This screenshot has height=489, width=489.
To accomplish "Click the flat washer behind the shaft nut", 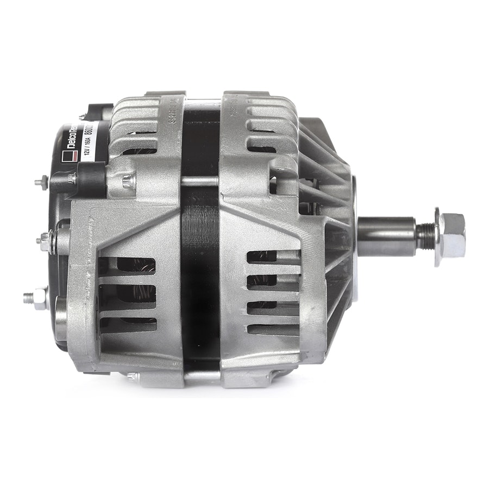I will coord(437,237).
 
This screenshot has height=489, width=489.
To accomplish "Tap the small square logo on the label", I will coord(68,157).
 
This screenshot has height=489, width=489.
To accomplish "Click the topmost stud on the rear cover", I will coord(42,183).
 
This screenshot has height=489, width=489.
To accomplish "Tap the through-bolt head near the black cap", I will coord(128,181).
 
